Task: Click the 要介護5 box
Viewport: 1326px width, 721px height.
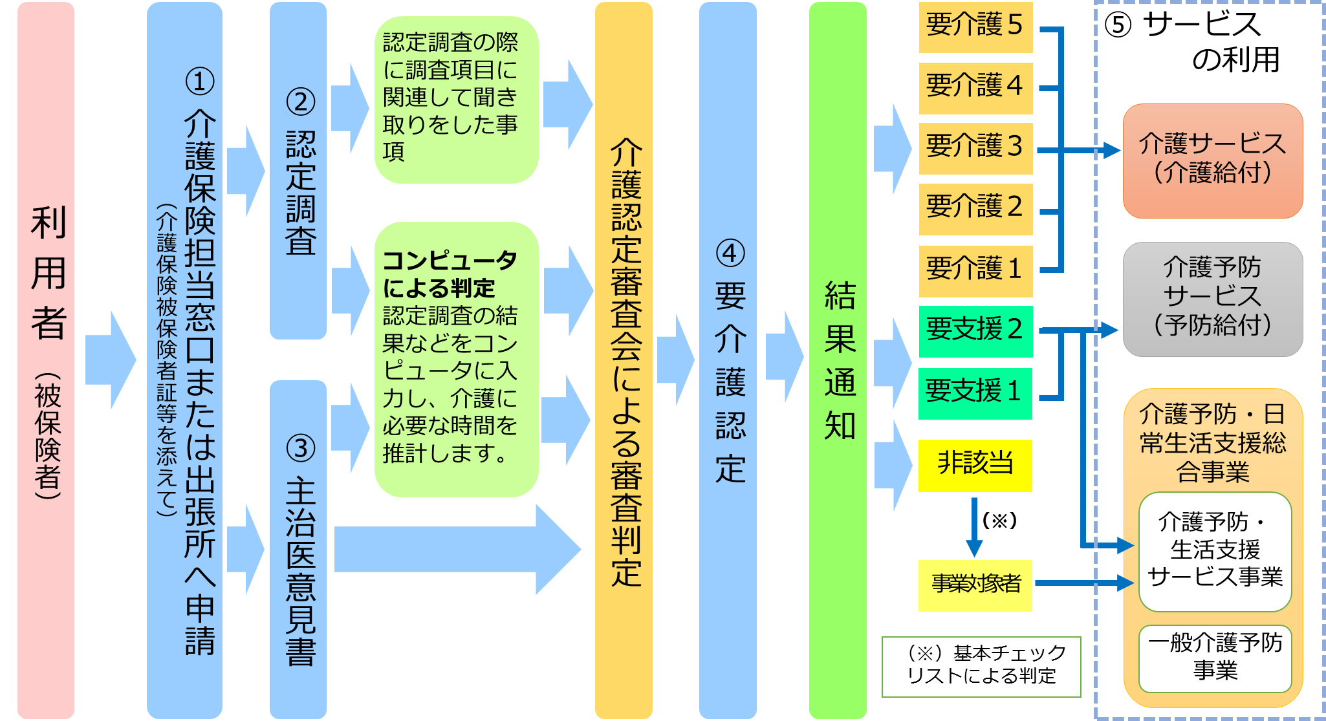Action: [975, 27]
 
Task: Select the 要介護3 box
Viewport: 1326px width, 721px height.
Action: [975, 147]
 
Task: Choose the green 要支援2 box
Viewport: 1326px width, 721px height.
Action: [975, 330]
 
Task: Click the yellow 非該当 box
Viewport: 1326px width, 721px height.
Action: [975, 465]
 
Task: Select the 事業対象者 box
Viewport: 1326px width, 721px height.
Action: [975, 585]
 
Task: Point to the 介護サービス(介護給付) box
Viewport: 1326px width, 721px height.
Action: [1212, 160]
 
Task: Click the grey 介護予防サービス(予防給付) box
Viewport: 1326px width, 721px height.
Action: [1212, 298]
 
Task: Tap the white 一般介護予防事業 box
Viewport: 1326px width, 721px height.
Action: [1215, 658]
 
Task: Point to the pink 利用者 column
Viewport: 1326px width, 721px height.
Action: [46, 360]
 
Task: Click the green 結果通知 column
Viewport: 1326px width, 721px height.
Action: [838, 360]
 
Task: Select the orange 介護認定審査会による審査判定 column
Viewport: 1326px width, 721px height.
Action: [624, 360]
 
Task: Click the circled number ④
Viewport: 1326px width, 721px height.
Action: [730, 253]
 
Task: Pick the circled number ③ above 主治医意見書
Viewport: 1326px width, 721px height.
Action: [300, 448]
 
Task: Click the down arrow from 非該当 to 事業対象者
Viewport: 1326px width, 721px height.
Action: [974, 527]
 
